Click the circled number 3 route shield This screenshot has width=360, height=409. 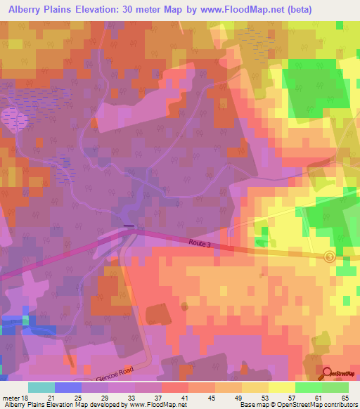pos(330,257)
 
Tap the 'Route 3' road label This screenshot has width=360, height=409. pos(200,243)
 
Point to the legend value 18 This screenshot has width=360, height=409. pos(29,398)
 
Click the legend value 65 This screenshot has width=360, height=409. pos(345,398)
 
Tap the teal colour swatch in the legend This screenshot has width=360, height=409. pos(41,387)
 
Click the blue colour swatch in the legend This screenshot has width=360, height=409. pos(67,387)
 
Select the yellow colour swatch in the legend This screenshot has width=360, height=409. pos(255,387)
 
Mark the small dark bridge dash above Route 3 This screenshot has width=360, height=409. pos(129,226)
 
